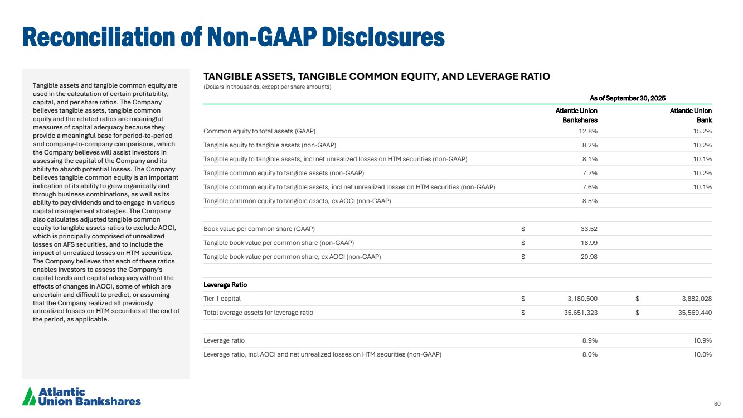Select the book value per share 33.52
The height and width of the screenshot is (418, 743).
click(x=588, y=229)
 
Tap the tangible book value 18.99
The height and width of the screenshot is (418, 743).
click(x=588, y=243)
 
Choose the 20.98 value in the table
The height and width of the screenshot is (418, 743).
click(x=588, y=257)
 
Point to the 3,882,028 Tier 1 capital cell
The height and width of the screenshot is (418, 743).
click(x=693, y=299)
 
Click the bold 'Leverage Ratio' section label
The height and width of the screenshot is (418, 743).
click(x=225, y=285)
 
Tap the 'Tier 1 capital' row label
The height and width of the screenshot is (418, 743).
click(x=222, y=299)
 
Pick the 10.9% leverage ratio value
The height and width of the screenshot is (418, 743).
click(x=702, y=340)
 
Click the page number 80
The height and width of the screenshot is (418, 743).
click(x=717, y=403)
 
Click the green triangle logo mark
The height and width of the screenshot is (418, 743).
click(x=28, y=396)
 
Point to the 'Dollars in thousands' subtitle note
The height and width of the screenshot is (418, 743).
click(x=268, y=87)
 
